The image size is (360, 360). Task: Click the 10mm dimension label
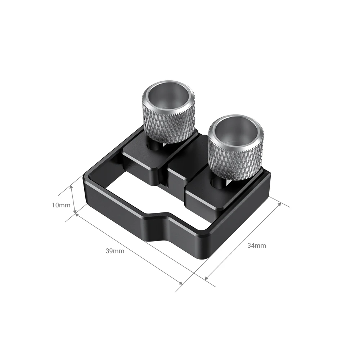coord(61,205)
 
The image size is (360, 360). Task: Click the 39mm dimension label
coord(115,251)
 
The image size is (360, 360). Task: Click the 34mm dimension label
coord(257,246)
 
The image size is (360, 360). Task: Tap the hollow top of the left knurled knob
coord(169,94)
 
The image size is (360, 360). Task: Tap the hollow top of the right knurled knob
coord(237,129)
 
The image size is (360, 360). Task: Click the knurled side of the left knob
coord(169,122)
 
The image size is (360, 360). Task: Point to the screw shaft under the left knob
coord(154,144)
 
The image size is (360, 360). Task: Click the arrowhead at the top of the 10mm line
coord(72,188)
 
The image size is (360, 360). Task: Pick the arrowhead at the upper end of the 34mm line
coord(280,203)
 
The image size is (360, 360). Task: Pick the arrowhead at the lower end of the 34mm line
coord(206,278)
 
